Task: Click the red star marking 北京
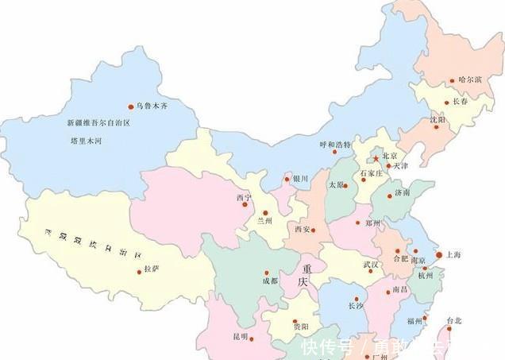pyautogui.click(x=376, y=159)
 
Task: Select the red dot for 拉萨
pyautogui.click(x=140, y=273)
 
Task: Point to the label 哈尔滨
pyautogui.click(x=470, y=80)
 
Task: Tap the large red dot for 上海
pyautogui.click(x=440, y=255)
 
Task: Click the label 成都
pyautogui.click(x=270, y=281)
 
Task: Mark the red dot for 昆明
pyautogui.click(x=252, y=339)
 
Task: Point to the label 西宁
pyautogui.click(x=243, y=197)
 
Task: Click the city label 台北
pyautogui.click(x=453, y=321)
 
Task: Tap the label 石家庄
pyautogui.click(x=372, y=172)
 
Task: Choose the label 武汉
pyautogui.click(x=371, y=265)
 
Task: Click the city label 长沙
pyautogui.click(x=356, y=305)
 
